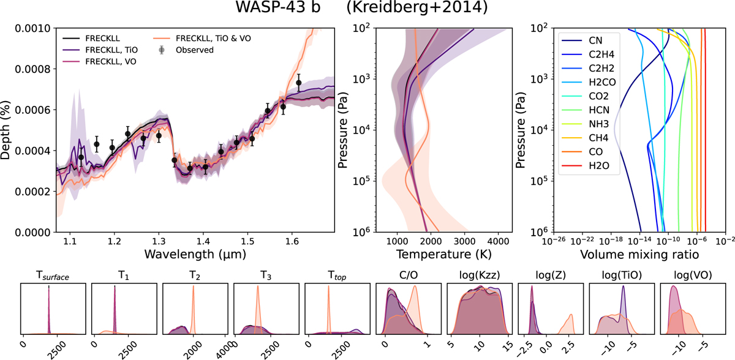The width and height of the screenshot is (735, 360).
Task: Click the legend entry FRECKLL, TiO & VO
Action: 214,37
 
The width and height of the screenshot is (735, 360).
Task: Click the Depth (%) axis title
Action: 7,130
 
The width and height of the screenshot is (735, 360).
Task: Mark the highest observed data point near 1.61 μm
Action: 298,83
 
